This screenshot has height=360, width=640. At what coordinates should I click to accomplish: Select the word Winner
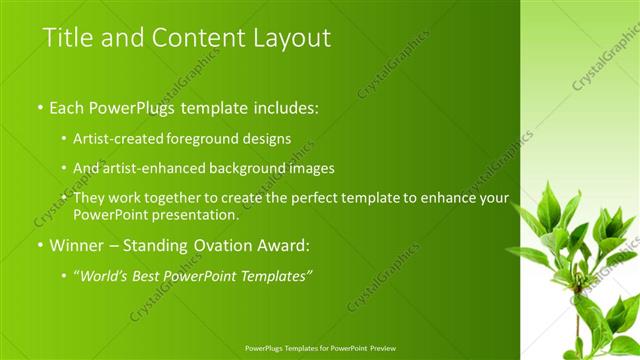(x=76, y=245)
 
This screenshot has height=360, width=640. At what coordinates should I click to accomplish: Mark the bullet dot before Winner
(x=40, y=245)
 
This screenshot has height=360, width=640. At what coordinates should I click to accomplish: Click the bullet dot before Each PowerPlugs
(x=40, y=105)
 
